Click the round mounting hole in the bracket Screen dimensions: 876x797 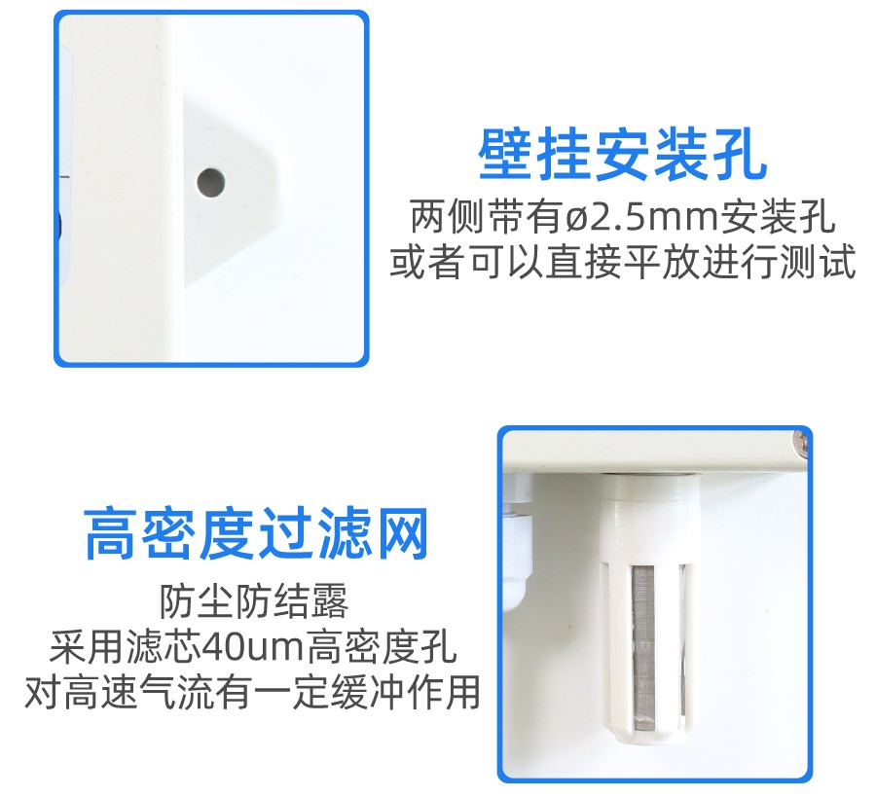pos(211,183)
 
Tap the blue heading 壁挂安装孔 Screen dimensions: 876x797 pos(623,154)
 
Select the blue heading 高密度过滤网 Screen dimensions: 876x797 pos(256,533)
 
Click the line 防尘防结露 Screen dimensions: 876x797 pos(254,601)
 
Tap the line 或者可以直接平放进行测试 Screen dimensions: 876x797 pos(623,262)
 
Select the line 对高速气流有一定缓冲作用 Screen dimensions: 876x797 pos(252,692)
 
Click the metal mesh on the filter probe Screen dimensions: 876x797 pos(643,648)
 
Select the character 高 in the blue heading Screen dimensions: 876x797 pos(111,533)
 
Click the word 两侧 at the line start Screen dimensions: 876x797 pos(448,217)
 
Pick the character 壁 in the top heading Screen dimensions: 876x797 pos(505,154)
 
